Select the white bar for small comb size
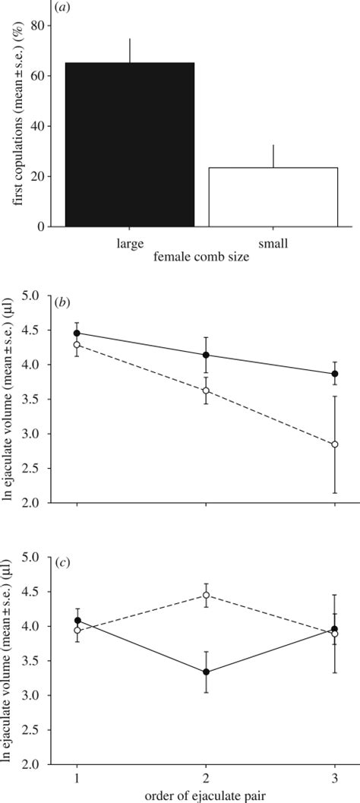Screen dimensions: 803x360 tap(273, 197)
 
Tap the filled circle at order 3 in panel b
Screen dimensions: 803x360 tap(335, 374)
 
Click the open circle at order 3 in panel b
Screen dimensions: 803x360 tap(335, 444)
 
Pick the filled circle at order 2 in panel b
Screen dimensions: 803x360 tap(207, 355)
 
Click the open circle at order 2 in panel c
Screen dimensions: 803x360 tap(207, 595)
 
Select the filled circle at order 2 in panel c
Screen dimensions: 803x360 tap(207, 672)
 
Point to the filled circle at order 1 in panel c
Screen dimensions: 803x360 tap(77, 621)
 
